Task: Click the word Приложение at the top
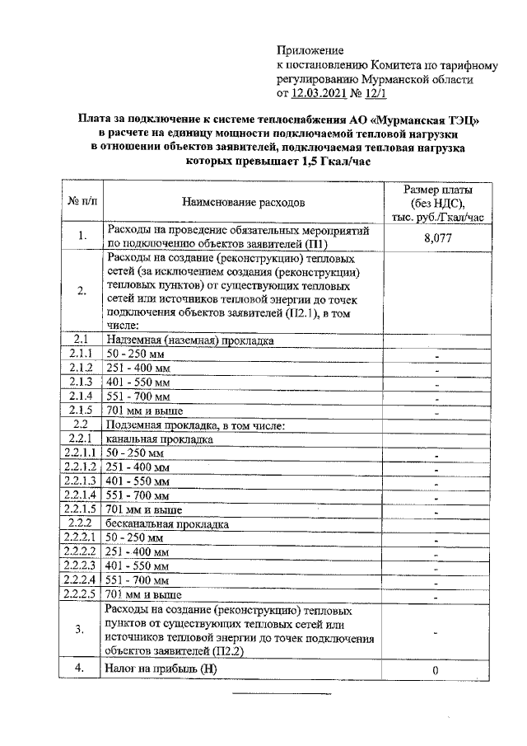tap(310, 52)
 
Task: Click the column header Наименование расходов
tap(243, 201)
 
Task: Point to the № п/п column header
tap(82, 201)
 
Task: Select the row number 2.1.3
tap(81, 382)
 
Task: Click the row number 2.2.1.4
tap(81, 495)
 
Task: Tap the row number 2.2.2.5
tap(81, 594)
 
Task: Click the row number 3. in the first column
tap(81, 630)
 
